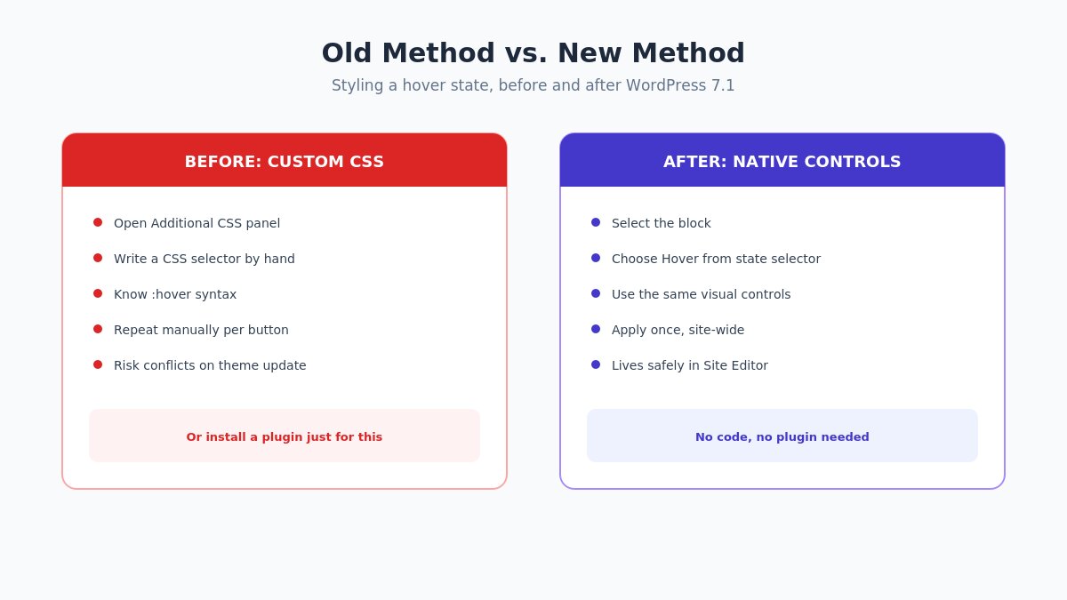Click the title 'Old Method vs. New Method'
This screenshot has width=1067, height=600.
coord(533,52)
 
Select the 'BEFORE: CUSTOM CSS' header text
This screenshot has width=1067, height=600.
coord(285,162)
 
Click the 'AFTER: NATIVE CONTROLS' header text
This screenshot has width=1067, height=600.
coord(782,162)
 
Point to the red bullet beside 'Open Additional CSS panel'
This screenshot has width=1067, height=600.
coord(98,222)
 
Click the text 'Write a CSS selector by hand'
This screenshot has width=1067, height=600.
coord(205,259)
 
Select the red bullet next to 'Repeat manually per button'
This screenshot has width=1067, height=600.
coord(98,329)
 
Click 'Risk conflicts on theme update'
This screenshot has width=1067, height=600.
coord(210,365)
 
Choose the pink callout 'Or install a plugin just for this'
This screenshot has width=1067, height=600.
coord(285,436)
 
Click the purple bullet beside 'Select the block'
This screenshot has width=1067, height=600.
coord(596,222)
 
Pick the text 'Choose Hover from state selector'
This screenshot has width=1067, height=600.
coord(716,259)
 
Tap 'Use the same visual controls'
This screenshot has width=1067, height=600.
coord(702,294)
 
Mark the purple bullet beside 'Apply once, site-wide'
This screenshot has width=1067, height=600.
coord(596,329)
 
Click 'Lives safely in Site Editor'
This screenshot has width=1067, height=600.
coord(690,365)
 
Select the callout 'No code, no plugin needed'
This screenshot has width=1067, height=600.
coord(782,436)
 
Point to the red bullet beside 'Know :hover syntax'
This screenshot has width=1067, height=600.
coord(98,293)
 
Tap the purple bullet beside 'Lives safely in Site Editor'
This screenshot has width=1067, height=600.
coord(596,364)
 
